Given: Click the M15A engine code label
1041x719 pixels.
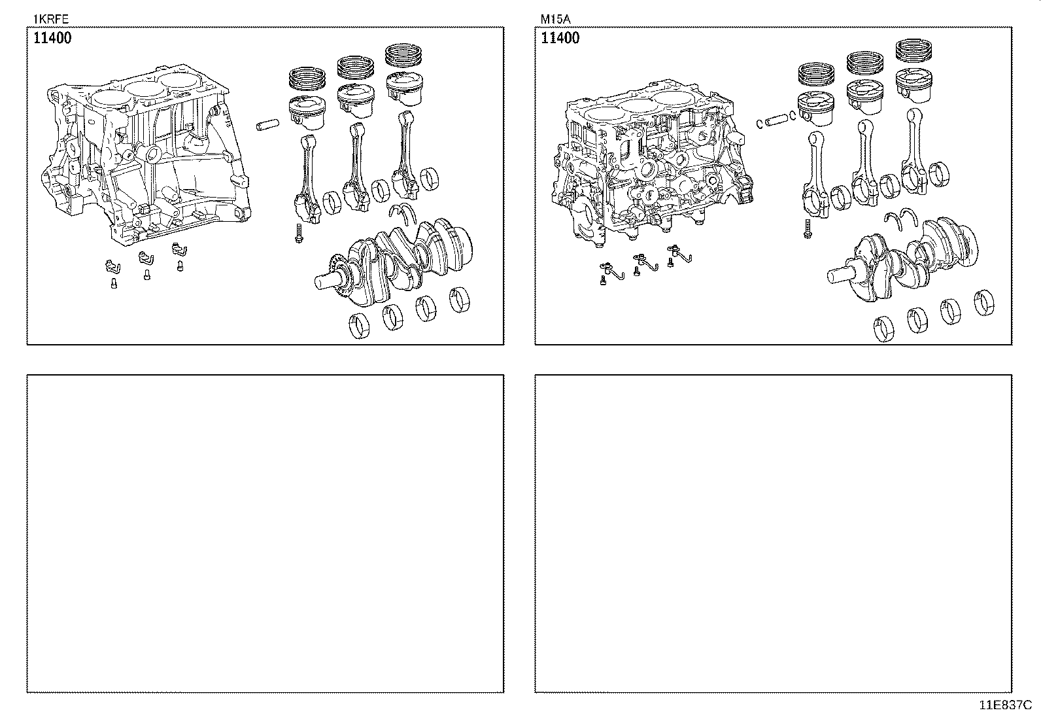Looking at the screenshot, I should [x=555, y=20].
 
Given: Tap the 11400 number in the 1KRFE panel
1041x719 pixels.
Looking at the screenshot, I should [x=52, y=38].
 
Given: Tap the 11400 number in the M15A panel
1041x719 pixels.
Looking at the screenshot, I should [x=560, y=38].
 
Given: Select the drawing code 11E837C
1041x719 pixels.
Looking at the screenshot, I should [x=1005, y=705].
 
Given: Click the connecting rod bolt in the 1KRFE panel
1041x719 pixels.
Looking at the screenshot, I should [x=298, y=232].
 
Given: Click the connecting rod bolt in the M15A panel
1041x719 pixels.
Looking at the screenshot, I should [x=808, y=228].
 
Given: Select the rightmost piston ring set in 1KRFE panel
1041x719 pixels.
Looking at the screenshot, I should [x=404, y=56].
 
